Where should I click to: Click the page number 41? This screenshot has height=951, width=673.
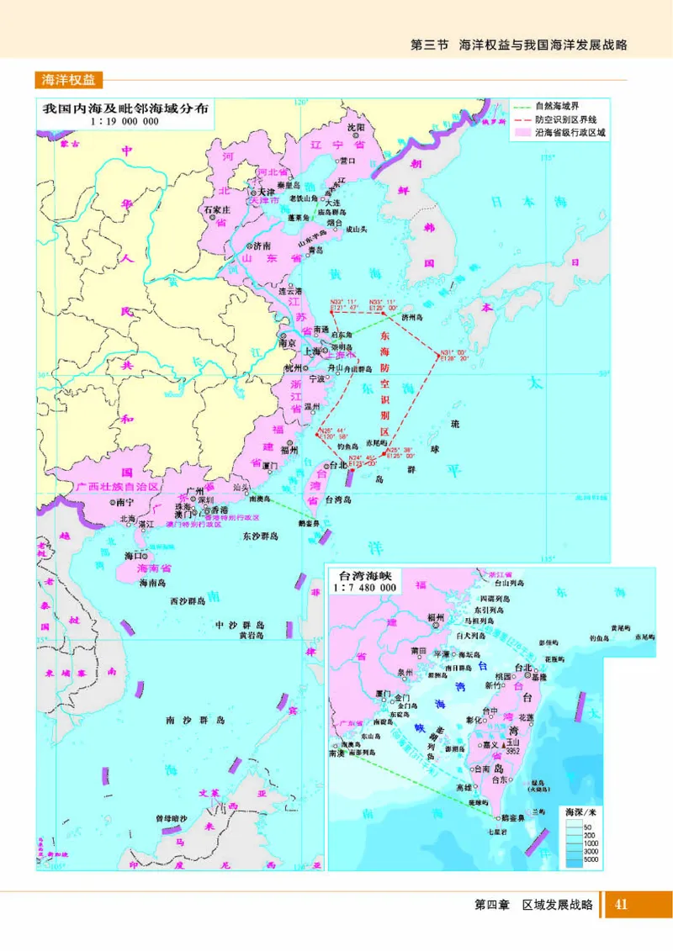click(622, 905)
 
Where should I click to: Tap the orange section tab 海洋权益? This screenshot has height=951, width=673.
click(69, 80)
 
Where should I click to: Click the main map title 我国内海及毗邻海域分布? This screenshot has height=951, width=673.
click(125, 109)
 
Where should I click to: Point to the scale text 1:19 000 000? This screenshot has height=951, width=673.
click(125, 122)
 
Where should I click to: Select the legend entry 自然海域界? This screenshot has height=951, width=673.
click(565, 108)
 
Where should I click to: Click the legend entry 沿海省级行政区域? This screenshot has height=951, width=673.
click(571, 132)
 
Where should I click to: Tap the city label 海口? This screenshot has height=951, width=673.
click(130, 556)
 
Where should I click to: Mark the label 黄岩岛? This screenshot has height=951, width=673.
click(251, 636)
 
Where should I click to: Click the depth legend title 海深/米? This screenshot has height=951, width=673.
click(579, 811)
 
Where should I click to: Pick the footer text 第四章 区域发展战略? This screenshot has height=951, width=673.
click(534, 905)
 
